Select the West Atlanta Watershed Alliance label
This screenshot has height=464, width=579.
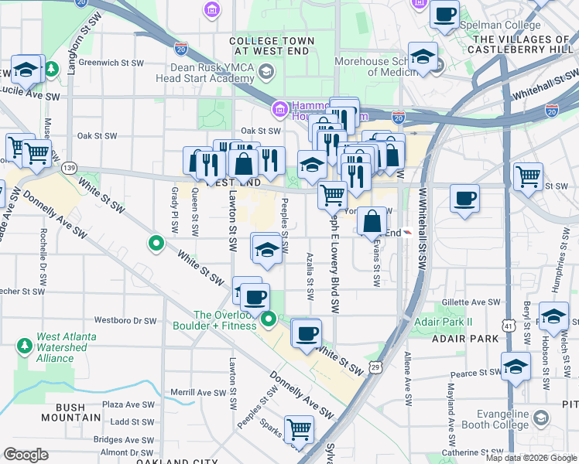coord(66,347)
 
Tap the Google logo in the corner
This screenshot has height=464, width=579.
coord(26,455)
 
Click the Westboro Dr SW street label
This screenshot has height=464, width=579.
coord(125,320)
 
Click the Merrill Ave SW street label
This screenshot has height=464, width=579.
coord(198,393)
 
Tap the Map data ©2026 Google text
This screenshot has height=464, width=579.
coord(531,458)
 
